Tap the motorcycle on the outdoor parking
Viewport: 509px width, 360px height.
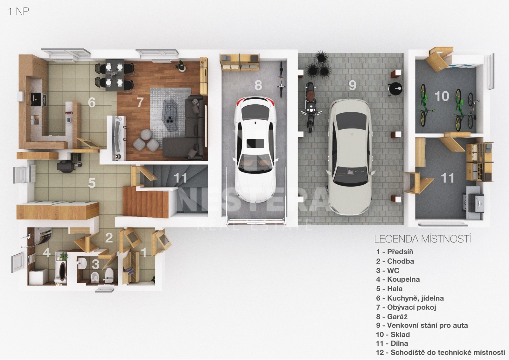tap(310, 107)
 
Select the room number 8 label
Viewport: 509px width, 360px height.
tap(258, 85)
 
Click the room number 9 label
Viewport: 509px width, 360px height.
tap(352, 85)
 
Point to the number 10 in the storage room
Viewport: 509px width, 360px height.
tap(442, 96)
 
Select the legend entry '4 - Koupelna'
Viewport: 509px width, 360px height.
tap(398, 279)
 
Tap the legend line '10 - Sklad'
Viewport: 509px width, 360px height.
tap(393, 335)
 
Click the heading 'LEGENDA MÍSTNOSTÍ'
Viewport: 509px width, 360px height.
tap(422, 239)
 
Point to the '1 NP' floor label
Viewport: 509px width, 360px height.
tap(18, 11)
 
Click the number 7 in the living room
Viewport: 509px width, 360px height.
tap(140, 102)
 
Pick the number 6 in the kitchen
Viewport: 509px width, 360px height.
tap(92, 102)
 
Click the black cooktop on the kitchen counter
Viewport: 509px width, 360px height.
tap(36, 99)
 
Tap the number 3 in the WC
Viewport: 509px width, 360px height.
tap(95, 264)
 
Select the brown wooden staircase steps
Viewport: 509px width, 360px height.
tap(146, 201)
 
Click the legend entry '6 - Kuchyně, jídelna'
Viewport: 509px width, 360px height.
tap(410, 298)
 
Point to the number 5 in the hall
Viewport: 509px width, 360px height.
tap(92, 183)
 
